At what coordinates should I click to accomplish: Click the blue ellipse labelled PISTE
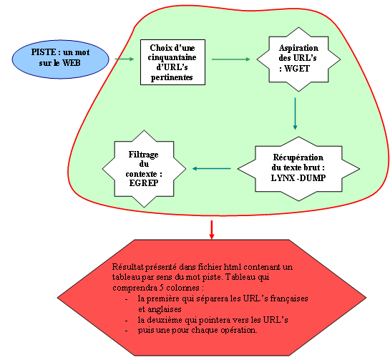[x=60, y=59]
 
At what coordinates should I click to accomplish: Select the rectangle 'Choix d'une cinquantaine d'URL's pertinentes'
[x=172, y=62]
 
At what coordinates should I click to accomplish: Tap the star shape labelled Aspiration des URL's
[x=298, y=59]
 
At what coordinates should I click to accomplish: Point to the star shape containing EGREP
[x=144, y=169]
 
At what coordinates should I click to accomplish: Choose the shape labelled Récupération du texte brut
[x=298, y=169]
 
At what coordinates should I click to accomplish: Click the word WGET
[x=297, y=69]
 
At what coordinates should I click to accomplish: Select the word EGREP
[x=144, y=183]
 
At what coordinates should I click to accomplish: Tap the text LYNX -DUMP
[x=298, y=178]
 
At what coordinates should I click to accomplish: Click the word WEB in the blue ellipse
[x=72, y=63]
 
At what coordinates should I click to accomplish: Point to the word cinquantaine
[x=172, y=57]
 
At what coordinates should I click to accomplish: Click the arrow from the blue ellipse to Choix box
[x=125, y=59]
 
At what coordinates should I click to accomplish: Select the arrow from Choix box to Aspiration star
[x=231, y=59]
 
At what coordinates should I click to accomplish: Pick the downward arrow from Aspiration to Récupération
[x=296, y=114]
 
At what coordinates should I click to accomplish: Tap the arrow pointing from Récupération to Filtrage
[x=212, y=169]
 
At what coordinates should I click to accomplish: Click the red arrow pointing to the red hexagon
[x=212, y=230]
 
